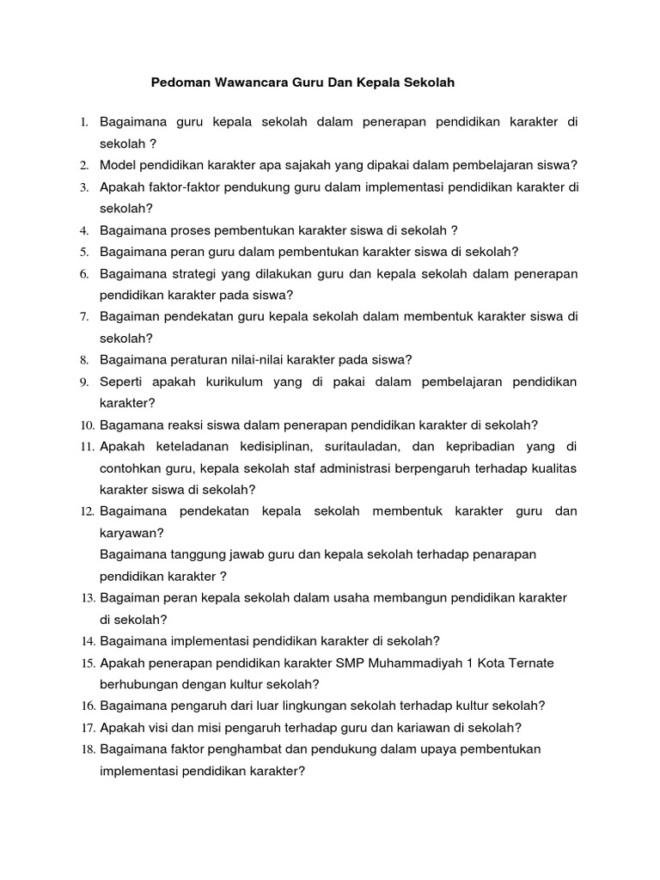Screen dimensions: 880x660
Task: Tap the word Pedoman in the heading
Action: (178, 83)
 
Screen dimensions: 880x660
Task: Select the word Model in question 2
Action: (119, 165)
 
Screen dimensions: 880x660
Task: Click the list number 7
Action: (85, 317)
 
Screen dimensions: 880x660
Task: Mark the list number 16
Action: (87, 706)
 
